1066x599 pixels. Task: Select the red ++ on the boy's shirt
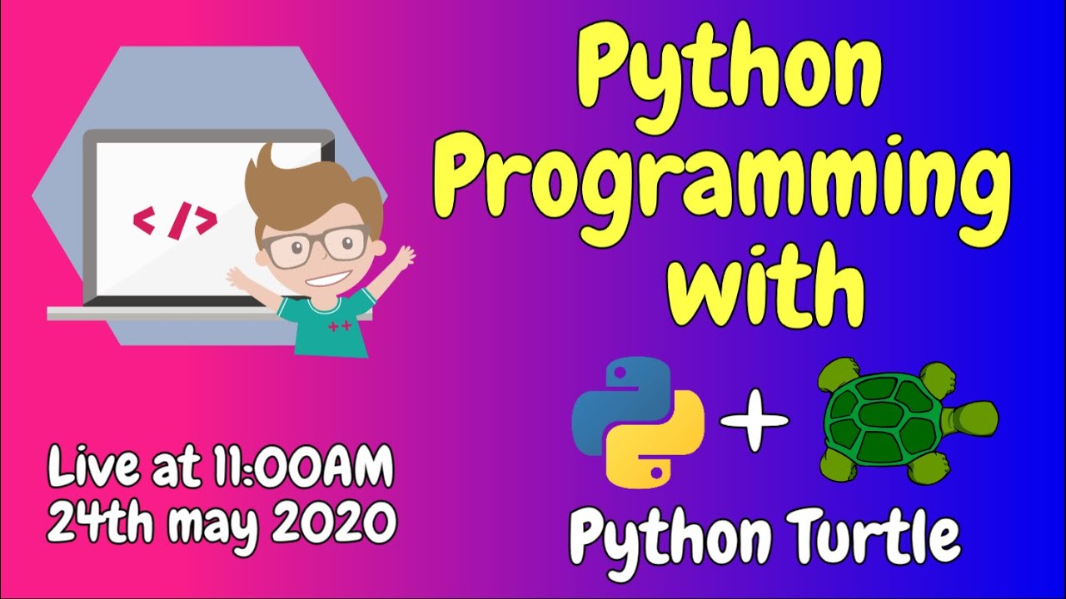coord(339,327)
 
